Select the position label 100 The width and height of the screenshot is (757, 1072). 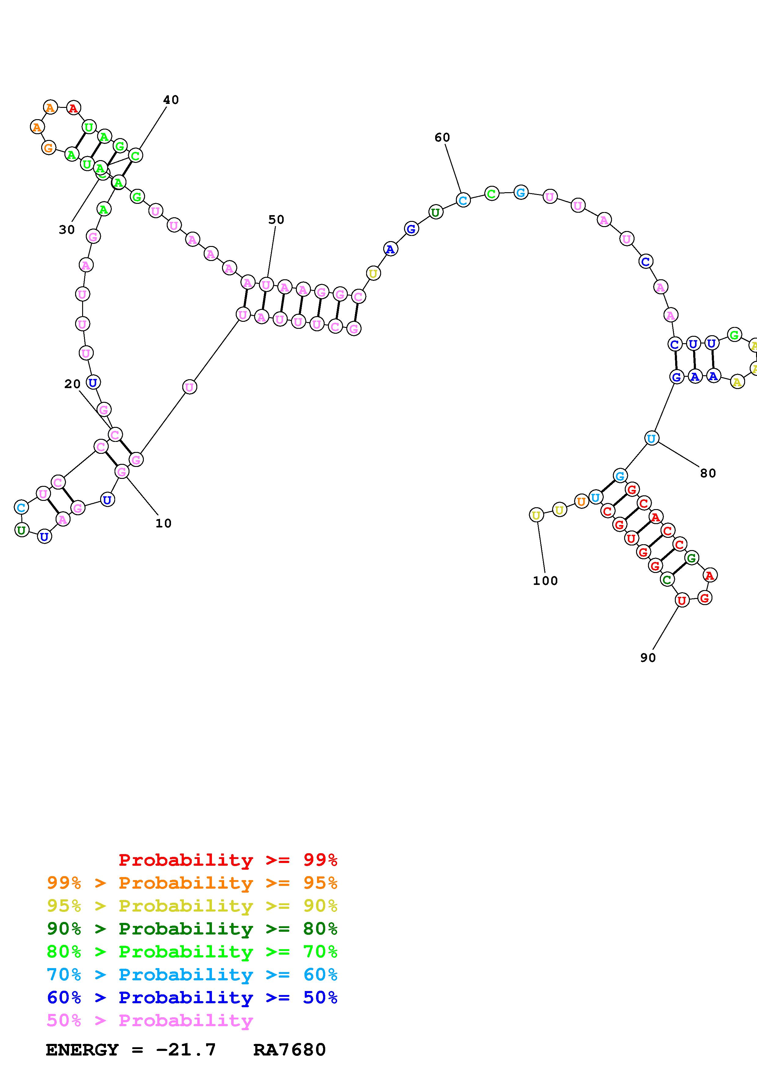coord(545,581)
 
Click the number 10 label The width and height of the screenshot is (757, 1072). coord(163,523)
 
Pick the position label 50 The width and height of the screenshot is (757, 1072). coord(276,219)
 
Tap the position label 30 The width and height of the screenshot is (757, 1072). coord(67,230)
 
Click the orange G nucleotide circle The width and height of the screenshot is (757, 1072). coord(49,148)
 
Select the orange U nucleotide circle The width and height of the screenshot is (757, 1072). coord(581,502)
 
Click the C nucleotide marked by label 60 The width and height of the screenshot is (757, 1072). coord(463,200)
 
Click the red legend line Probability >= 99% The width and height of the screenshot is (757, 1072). coord(228,860)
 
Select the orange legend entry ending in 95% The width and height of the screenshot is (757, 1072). coord(192,883)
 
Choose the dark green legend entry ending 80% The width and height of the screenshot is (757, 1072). coord(192,929)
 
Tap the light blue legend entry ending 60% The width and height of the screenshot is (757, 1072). coord(192,975)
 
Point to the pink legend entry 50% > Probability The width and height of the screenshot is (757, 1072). coord(150,1020)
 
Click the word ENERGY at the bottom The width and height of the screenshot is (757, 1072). coord(82,1050)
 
